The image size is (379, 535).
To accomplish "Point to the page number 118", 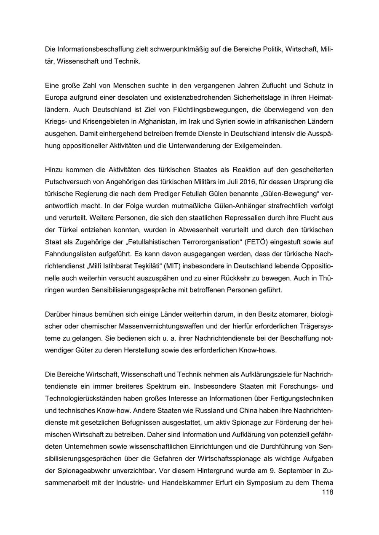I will point(327,492).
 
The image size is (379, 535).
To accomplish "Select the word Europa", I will point(56,98).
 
